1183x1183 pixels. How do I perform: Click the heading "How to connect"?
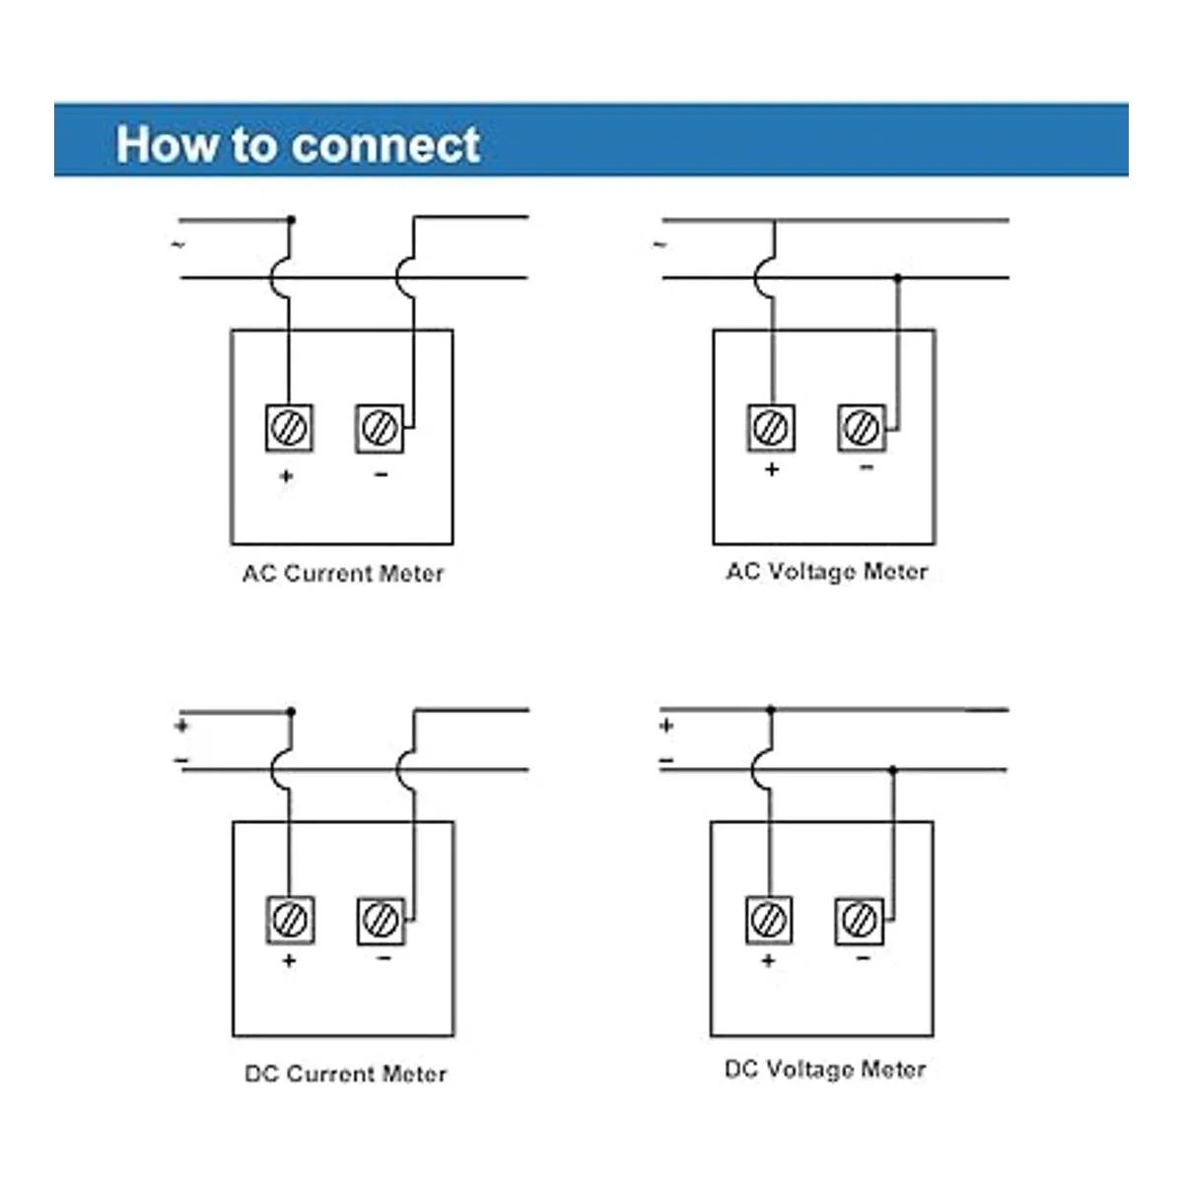point(298,144)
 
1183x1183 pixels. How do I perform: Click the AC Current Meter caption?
point(343,574)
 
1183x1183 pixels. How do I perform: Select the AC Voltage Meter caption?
point(827,572)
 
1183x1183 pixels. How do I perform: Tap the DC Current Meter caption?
point(345,1074)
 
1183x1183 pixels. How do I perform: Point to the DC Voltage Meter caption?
point(825,1070)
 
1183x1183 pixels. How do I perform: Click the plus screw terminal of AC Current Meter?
point(289,428)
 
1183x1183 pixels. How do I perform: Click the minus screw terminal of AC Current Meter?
point(380,428)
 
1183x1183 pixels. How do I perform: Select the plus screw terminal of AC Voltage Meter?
point(771,427)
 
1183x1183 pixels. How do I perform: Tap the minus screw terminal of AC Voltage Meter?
point(862,427)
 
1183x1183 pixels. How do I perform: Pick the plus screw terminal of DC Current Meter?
point(290,920)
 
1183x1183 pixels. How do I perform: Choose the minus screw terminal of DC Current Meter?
point(381,920)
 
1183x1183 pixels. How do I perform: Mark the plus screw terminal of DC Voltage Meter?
point(769,919)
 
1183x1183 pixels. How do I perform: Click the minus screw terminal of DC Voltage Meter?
point(860,920)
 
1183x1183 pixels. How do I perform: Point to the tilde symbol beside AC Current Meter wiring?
point(178,244)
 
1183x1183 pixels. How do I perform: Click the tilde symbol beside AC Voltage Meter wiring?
point(660,244)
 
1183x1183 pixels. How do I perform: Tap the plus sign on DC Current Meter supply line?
point(181,727)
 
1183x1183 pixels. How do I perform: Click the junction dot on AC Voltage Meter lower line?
point(897,279)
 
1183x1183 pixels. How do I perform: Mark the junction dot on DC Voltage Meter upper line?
point(771,710)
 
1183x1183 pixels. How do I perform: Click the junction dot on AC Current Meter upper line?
point(290,219)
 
